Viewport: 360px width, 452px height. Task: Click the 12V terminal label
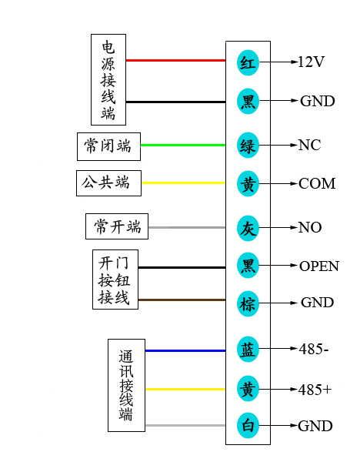pos(312,62)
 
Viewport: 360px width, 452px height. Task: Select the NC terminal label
pos(309,145)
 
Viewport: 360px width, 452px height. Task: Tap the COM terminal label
pos(317,183)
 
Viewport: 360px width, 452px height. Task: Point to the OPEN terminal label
pos(318,266)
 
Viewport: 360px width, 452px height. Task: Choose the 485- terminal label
pos(313,349)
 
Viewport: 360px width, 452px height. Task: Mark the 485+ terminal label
pos(315,390)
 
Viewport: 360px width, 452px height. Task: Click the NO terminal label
pos(310,227)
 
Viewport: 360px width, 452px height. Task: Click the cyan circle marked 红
pos(248,62)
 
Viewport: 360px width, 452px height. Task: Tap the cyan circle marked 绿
pos(248,145)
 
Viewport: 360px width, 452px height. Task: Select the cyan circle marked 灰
pos(248,227)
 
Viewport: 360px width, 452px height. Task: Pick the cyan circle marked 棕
pos(248,303)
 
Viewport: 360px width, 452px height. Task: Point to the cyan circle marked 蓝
pos(248,349)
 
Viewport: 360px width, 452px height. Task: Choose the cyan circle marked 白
pos(248,426)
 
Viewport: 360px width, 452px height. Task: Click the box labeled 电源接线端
pos(108,79)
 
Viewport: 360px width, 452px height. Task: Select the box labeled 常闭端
pos(108,145)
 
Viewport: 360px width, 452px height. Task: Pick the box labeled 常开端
pos(116,227)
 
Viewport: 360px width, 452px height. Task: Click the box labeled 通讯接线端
pos(126,384)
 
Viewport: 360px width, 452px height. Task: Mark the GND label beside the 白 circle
pos(316,426)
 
